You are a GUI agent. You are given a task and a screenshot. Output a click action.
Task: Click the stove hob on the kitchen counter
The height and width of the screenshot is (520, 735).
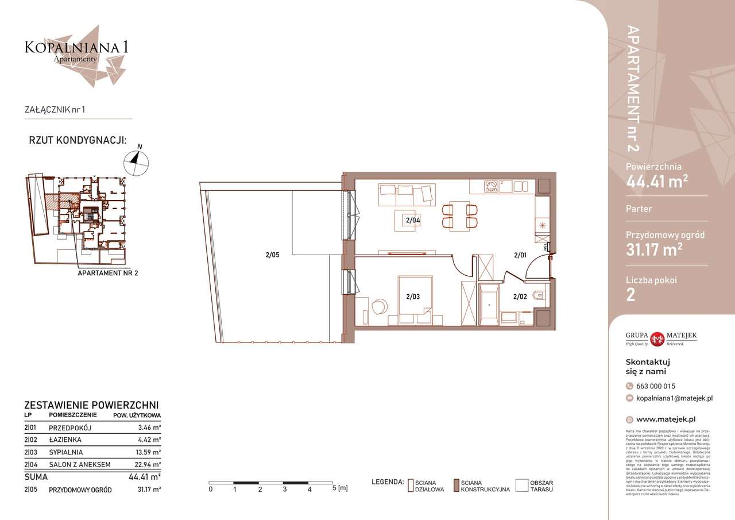click(493, 186)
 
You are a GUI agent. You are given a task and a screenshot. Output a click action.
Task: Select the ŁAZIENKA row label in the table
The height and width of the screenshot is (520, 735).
click(65, 440)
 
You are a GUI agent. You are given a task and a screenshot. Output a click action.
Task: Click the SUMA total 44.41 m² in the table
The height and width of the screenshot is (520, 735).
click(144, 477)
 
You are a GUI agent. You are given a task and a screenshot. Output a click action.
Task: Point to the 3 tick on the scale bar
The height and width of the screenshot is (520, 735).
click(285, 489)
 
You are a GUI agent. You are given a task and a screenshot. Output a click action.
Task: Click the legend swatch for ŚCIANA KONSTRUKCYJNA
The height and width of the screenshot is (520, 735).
click(456, 486)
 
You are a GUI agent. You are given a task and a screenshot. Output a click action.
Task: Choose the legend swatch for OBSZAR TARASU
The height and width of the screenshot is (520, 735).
click(521, 486)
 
